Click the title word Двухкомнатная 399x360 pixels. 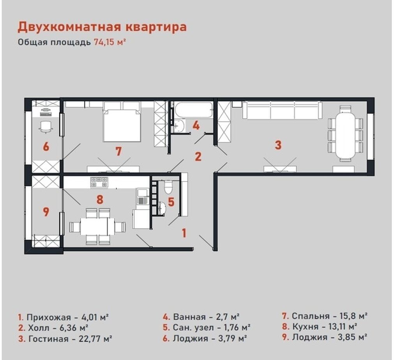pos(69,27)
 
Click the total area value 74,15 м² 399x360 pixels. pos(110,42)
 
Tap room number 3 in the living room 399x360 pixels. pos(278,145)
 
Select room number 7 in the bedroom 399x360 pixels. pos(118,152)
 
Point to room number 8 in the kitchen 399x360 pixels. pos(100,199)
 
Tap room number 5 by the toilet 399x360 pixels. pos(171,202)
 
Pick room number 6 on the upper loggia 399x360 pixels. pos(46,147)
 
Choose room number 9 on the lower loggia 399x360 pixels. pos(46,212)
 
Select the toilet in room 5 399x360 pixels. pos(168,187)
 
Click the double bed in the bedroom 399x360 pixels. pos(122,121)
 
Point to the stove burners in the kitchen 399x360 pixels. pos(99,182)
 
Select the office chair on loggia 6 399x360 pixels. pos(46,127)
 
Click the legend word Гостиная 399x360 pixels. pos(48,339)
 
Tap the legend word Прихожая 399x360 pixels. pos(48,317)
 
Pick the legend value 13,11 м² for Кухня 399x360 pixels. pos(343,326)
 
